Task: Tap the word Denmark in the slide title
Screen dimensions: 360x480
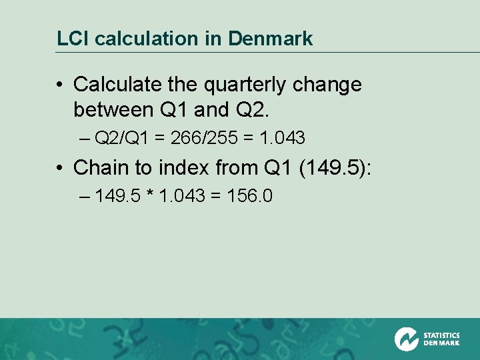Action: tap(270, 39)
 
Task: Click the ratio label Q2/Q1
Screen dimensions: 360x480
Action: tap(123, 138)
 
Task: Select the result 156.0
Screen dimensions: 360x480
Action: tap(249, 197)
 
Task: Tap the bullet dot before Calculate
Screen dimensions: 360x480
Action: tap(60, 85)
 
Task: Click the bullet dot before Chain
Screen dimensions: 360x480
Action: tap(60, 168)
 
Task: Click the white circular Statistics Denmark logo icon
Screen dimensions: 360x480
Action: tap(407, 339)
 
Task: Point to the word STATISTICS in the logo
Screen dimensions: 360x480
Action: tap(441, 335)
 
